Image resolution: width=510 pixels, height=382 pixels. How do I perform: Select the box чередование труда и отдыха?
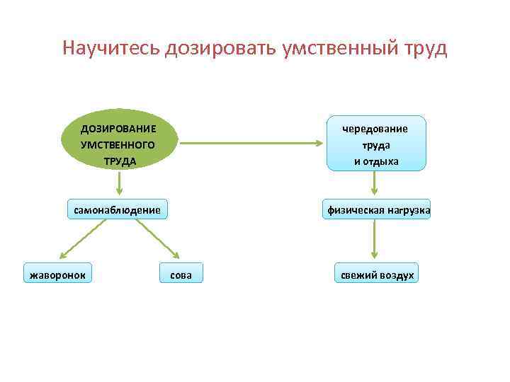[x=376, y=144]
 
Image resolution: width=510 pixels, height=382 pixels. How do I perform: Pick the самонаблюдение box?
[x=118, y=209]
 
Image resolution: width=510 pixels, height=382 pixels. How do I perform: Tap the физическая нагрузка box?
[x=378, y=210]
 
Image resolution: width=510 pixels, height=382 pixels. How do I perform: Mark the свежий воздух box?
[x=376, y=273]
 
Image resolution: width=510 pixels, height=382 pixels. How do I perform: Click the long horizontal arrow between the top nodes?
[x=251, y=144]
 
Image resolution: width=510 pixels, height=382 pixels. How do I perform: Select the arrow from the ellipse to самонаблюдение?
[x=119, y=184]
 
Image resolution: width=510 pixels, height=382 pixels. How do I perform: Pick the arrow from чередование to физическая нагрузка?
[x=375, y=183]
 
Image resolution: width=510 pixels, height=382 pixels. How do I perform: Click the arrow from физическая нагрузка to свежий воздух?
[x=375, y=241]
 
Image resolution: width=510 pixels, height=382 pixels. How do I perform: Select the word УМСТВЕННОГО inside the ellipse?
[x=118, y=144]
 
